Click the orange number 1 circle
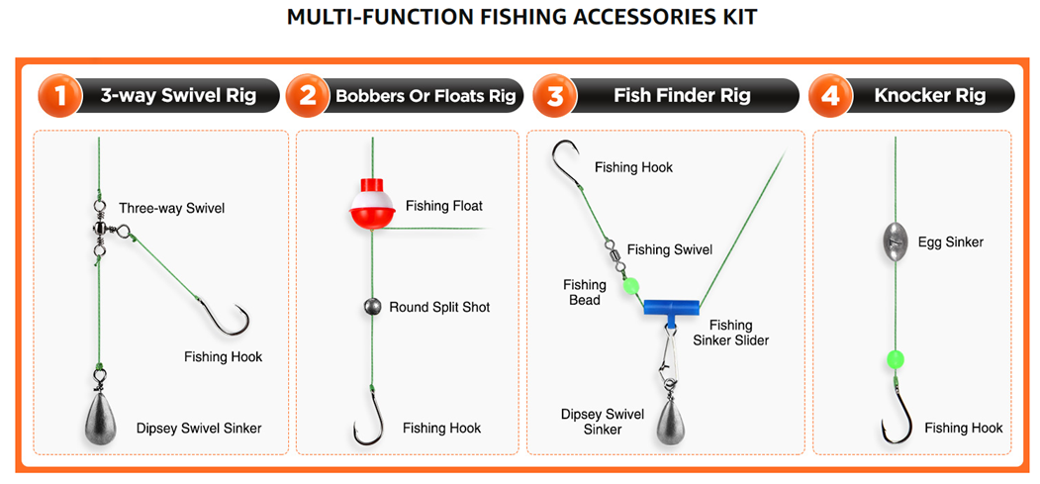(58, 96)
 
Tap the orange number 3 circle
(555, 96)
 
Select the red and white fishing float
(373, 203)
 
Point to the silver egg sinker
(895, 242)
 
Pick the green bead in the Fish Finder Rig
(629, 287)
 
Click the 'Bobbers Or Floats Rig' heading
(425, 96)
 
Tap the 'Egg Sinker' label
(951, 242)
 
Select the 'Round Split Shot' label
(439, 307)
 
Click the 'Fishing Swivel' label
(669, 249)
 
